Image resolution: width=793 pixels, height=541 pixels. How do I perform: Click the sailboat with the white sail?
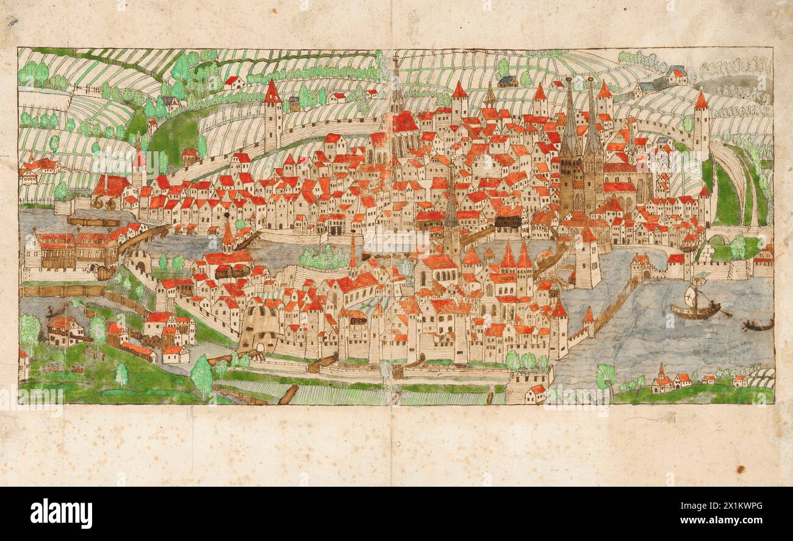point(695,305)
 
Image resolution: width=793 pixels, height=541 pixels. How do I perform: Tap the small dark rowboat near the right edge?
point(758,326)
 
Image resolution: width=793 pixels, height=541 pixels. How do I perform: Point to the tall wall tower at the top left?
point(273,116)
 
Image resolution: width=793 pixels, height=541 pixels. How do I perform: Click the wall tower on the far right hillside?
point(701,122)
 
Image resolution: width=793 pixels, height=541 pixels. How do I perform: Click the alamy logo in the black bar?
point(61,514)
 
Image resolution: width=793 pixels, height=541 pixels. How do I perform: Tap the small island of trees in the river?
point(323,259)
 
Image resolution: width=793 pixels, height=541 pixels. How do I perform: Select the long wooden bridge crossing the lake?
point(613,308)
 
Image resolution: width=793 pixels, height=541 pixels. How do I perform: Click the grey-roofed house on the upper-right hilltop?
point(676,75)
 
